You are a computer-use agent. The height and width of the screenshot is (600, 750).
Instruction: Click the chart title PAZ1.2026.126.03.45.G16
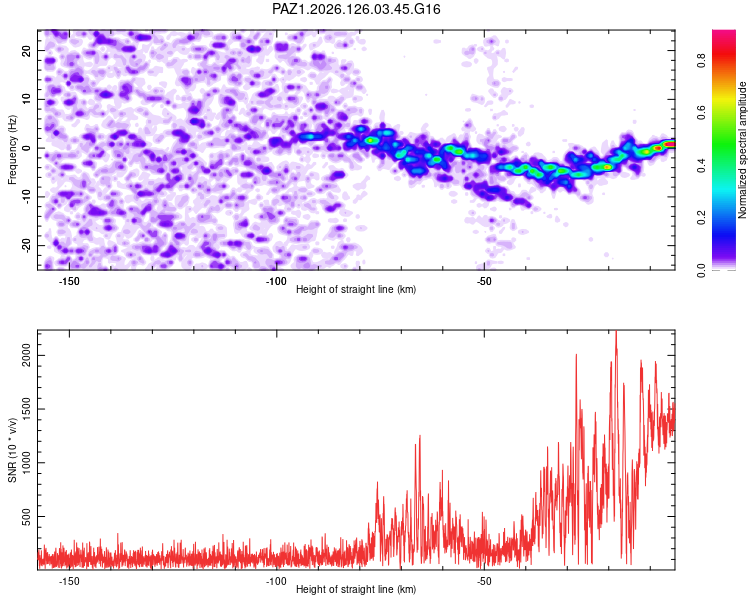[x=356, y=9]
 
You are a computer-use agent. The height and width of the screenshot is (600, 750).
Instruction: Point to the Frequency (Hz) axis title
[x=12, y=150]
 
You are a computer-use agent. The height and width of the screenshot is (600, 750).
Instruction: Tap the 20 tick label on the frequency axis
[x=27, y=50]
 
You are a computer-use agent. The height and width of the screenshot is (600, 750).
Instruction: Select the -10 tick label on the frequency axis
[x=27, y=196]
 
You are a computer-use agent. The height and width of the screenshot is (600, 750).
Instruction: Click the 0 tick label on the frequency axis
[x=27, y=148]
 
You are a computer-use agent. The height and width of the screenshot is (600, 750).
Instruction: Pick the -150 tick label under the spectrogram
[x=69, y=281]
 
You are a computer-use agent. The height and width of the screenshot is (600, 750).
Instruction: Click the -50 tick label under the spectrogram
[x=485, y=281]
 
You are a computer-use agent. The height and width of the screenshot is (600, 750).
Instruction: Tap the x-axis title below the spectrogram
[x=356, y=289]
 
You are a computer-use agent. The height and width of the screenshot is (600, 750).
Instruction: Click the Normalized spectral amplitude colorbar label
[x=742, y=150]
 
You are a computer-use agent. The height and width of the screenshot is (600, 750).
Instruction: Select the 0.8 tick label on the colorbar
[x=702, y=61]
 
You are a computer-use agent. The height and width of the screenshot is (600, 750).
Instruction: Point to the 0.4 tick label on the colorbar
[x=702, y=165]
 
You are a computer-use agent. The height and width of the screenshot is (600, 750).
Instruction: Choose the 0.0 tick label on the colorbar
[x=702, y=270]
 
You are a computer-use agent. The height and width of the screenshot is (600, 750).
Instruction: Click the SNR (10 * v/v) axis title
[x=12, y=450]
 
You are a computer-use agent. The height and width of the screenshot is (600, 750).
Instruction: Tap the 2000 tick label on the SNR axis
[x=27, y=356]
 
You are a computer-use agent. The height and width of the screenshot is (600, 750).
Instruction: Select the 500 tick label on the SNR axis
[x=27, y=517]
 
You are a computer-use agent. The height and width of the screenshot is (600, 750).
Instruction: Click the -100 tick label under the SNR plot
[x=276, y=581]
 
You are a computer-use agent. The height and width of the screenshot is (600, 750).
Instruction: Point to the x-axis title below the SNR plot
[x=356, y=589]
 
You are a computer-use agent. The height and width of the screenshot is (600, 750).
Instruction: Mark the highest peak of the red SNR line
[x=616, y=331]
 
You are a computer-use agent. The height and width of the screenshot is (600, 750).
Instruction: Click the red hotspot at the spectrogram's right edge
[x=670, y=144]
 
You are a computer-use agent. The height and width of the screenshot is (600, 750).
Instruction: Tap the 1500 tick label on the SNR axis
[x=27, y=409]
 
